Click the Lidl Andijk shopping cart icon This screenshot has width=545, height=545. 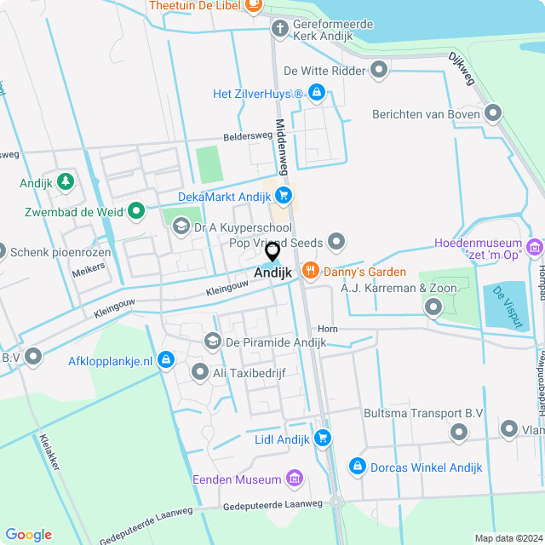click(322, 438)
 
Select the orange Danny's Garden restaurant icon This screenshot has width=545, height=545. click(310, 272)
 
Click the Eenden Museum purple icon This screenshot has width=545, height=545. click(295, 479)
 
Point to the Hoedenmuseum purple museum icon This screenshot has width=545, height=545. click(535, 248)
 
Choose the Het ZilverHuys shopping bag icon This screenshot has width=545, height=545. click(316, 92)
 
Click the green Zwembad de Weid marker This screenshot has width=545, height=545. click(135, 210)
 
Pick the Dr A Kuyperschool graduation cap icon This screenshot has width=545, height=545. click(181, 227)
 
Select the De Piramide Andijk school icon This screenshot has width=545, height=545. click(211, 341)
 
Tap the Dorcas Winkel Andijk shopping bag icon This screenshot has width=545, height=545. click(358, 467)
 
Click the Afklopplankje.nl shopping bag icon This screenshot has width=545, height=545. click(166, 360)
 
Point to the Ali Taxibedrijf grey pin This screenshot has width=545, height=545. click(200, 371)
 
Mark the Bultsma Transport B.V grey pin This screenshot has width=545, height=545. click(458, 433)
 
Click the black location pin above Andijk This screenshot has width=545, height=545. click(272, 251)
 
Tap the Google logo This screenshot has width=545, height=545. click(28, 534)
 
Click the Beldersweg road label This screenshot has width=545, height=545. click(248, 136)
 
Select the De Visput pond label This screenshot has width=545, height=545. click(505, 304)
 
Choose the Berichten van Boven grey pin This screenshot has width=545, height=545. click(492, 113)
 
